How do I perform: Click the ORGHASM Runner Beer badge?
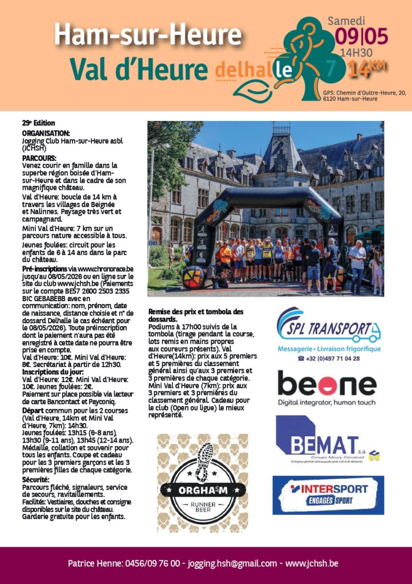[x=203, y=475]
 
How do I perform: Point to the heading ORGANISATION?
[x=46, y=132]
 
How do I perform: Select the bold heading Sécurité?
[x=36, y=480]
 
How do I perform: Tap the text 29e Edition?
[x=38, y=122]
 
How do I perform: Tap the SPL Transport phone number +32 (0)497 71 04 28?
[x=333, y=358]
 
